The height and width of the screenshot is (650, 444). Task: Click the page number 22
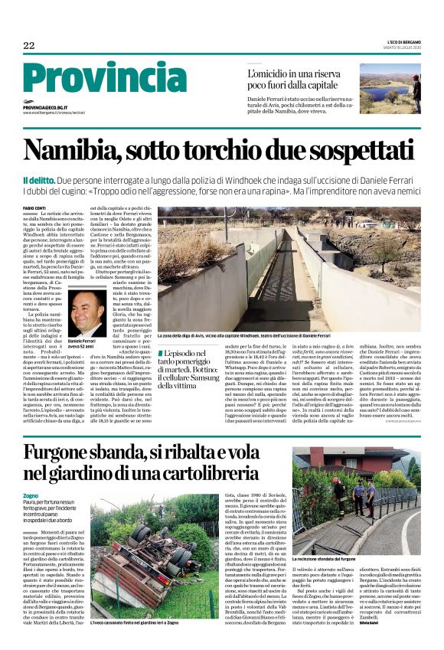coord(29,46)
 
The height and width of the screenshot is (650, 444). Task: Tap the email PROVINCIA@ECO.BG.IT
coord(45,108)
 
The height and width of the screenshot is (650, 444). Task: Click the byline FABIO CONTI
coord(36,208)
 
